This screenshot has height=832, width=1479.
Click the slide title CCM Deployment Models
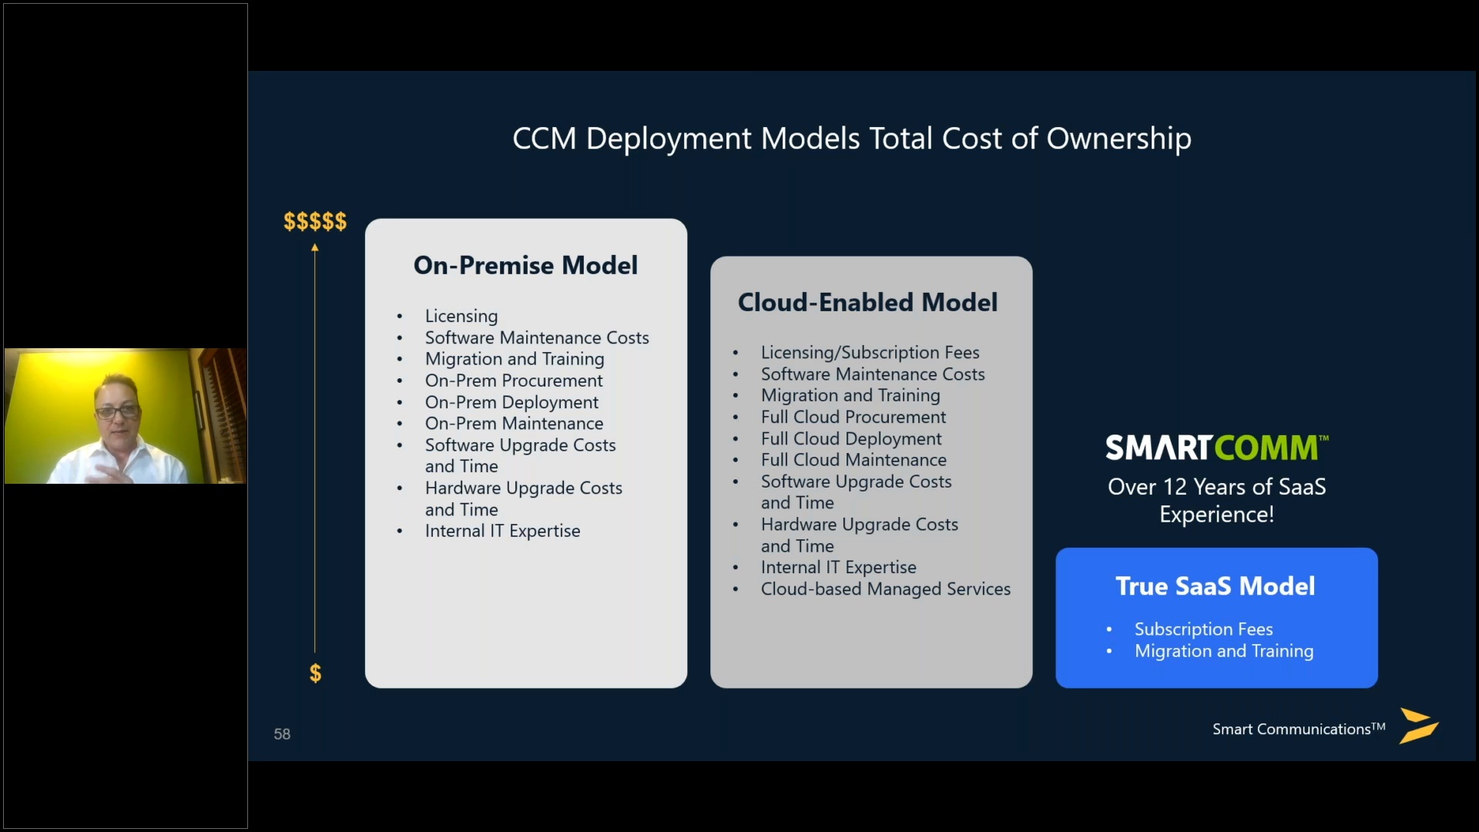pos(851,139)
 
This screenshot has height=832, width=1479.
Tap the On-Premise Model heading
pos(525,265)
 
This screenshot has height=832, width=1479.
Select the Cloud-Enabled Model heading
pos(867,302)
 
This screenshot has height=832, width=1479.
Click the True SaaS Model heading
pos(1215,586)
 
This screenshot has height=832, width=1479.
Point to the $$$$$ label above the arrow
pos(315,222)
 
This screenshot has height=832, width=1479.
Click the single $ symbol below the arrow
pos(315,673)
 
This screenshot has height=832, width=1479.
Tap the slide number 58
pos(282,734)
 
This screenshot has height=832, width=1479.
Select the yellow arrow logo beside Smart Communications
pos(1418,726)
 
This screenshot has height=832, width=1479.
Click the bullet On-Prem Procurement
pos(514,381)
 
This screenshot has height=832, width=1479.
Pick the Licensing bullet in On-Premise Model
pos(461,316)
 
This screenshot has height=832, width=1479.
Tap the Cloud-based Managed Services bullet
pos(885,589)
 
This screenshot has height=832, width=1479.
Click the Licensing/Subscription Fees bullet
pos(870,352)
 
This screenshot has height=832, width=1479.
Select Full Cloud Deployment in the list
pos(850,438)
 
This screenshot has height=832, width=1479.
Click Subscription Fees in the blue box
pos(1203,629)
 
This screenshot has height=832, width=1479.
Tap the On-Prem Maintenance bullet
pos(514,424)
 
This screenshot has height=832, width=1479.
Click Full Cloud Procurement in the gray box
pos(853,417)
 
